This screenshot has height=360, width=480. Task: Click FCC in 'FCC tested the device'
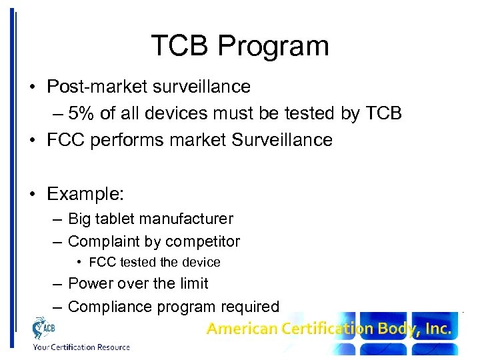tap(102, 262)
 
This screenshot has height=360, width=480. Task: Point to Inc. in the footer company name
tap(437, 329)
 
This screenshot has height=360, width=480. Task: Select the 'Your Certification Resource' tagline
tap(81, 347)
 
